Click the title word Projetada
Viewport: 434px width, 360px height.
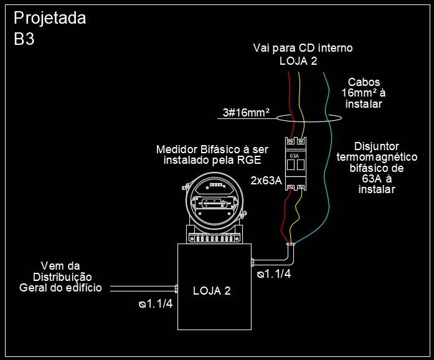[x=50, y=18]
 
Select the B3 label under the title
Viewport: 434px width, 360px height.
[x=24, y=39]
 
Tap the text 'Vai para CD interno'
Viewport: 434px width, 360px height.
[x=303, y=48]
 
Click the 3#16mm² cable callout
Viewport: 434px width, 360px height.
[x=246, y=113]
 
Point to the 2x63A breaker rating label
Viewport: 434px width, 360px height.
[x=267, y=181]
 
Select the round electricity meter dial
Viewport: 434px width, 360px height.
[x=213, y=200]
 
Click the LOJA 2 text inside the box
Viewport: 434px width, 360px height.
[x=212, y=291]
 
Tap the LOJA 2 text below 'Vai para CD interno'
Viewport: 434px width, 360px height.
[x=298, y=61]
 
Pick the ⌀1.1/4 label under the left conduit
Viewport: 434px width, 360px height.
[x=156, y=305]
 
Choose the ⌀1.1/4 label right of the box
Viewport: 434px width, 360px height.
[x=274, y=273]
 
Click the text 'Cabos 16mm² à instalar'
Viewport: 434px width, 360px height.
[x=364, y=93]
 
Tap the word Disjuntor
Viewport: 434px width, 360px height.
[x=377, y=146]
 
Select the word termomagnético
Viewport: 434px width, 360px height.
[x=377, y=158]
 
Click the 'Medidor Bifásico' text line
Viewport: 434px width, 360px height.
[x=212, y=150]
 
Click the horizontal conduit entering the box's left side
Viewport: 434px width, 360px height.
[x=143, y=289]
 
